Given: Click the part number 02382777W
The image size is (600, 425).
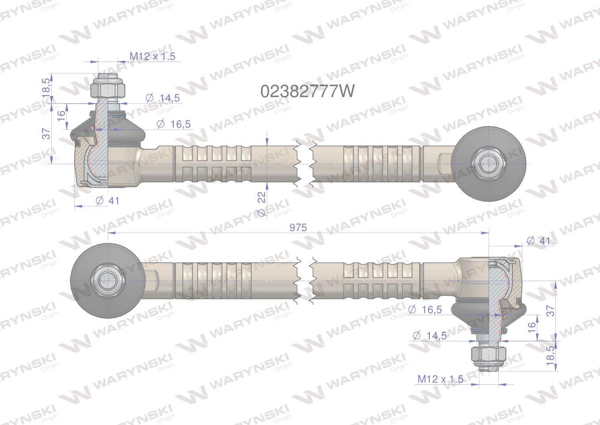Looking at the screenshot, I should click(307, 91).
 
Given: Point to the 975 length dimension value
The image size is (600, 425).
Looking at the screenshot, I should click(298, 227).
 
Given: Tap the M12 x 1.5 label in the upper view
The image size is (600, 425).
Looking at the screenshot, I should click(152, 56).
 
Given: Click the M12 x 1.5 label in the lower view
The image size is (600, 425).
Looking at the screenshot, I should click(440, 379).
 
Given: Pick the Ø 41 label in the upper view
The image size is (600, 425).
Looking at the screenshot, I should click(108, 201).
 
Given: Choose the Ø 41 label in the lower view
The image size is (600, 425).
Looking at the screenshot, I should click(539, 240).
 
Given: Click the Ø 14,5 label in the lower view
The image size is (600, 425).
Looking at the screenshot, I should click(429, 336).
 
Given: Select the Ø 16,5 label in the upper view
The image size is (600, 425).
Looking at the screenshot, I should click(173, 124).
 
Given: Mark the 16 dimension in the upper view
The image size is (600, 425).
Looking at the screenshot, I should click(61, 116).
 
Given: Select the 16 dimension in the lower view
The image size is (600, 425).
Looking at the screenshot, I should click(532, 327).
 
